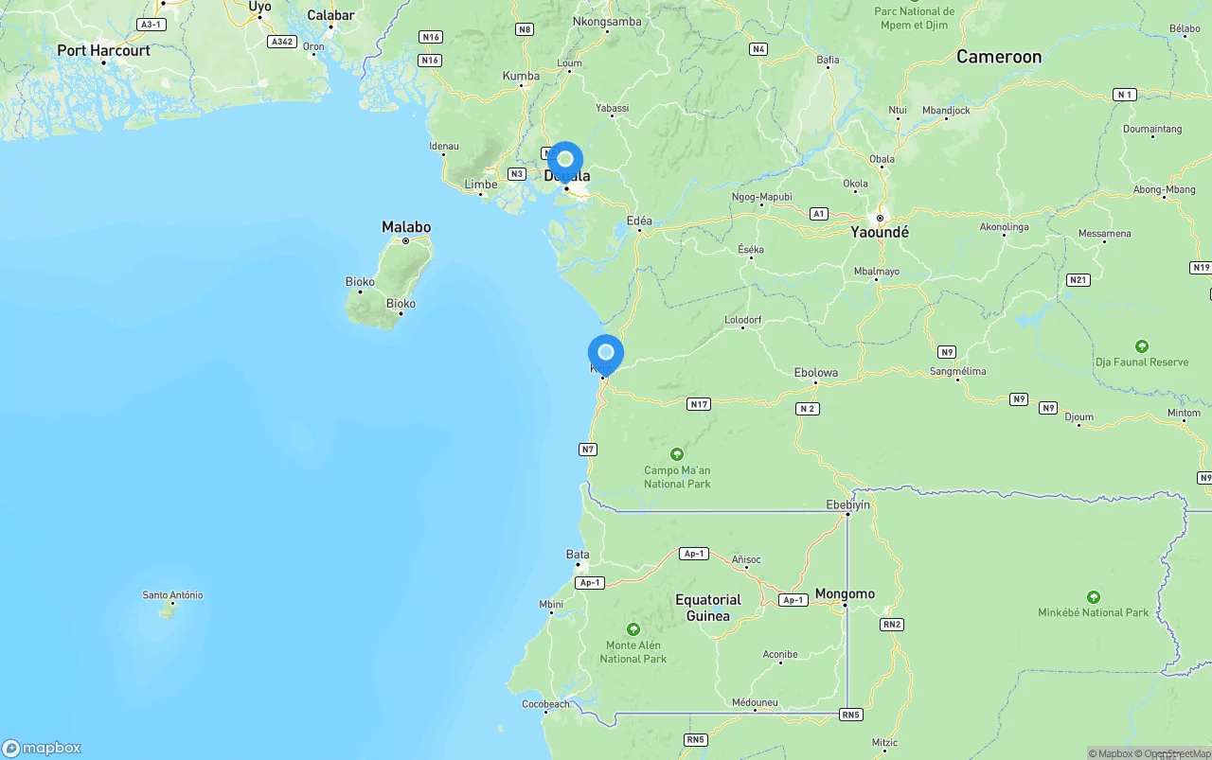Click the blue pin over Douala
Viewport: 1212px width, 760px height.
point(565,160)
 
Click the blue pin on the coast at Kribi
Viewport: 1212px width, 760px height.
point(606,353)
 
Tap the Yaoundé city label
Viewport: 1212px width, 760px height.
point(880,232)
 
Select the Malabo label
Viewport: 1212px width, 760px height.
point(406,227)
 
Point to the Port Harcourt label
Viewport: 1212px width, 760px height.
point(103,50)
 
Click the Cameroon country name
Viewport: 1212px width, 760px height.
point(998,57)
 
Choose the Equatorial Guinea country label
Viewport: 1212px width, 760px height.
point(708,608)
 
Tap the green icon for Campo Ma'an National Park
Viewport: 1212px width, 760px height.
point(677,454)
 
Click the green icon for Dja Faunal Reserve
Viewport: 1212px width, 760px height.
point(1142,346)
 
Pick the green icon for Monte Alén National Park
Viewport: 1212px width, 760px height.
point(633,629)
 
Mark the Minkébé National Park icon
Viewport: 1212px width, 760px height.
point(1094,597)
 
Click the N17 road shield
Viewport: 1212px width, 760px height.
point(699,404)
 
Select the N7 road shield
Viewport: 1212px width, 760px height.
point(588,450)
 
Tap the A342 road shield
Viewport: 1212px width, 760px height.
point(281,42)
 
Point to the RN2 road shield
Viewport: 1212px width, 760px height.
point(891,625)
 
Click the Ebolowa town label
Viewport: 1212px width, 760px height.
point(815,373)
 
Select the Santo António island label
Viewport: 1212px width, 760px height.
point(172,595)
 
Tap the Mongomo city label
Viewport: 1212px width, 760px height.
point(845,594)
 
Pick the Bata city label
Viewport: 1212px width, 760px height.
point(578,555)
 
